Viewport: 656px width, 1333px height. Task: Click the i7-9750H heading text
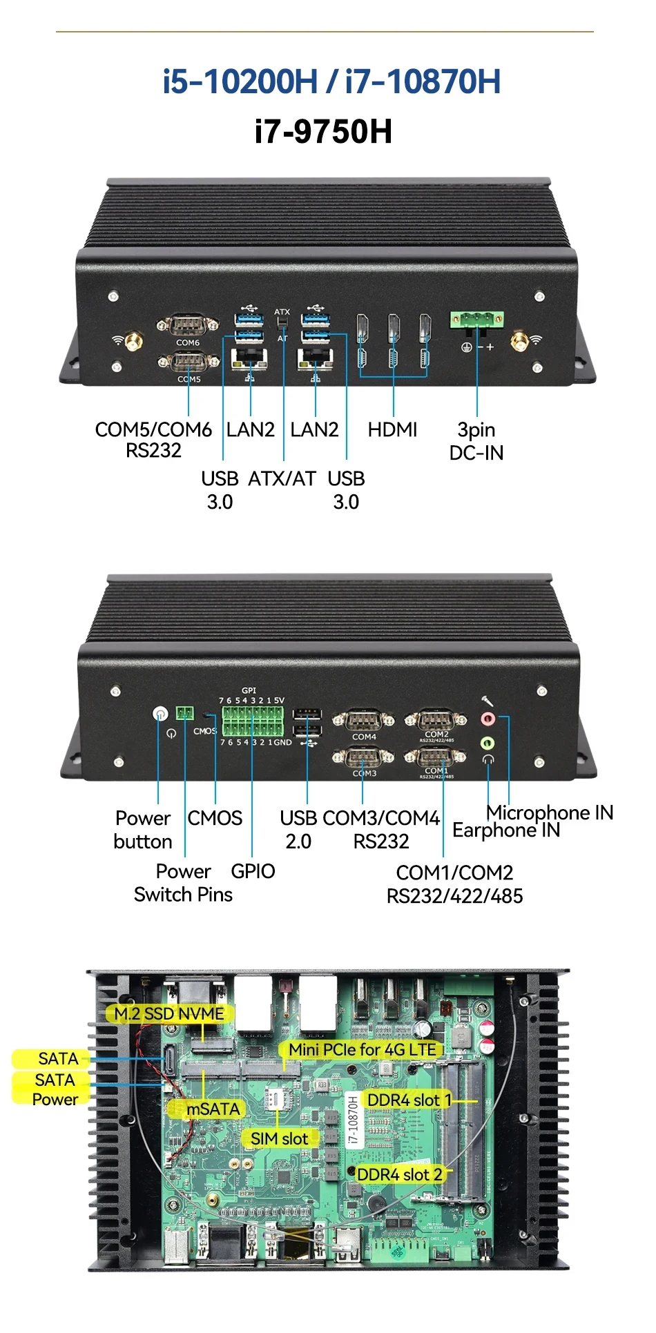[323, 131]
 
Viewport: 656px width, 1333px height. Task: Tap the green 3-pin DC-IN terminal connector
[476, 320]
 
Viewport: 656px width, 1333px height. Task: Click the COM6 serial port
[187, 324]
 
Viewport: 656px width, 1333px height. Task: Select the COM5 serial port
[188, 362]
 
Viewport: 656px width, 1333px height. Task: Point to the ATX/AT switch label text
[282, 478]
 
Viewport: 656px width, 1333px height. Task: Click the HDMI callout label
[392, 429]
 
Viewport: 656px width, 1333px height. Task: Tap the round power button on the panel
[160, 714]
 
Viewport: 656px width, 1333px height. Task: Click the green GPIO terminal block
[252, 722]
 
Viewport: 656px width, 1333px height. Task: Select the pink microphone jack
[488, 719]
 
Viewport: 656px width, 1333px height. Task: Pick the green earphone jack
[488, 743]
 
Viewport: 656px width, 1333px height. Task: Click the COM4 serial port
[363, 721]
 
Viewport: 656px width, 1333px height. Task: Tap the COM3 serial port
[363, 757]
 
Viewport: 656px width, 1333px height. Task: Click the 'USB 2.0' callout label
[298, 829]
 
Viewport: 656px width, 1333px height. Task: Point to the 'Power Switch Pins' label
[184, 883]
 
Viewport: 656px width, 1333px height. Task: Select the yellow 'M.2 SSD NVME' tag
[169, 1013]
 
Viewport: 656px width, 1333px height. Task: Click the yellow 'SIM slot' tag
[279, 1138]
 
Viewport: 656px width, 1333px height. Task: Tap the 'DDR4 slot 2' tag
[399, 1174]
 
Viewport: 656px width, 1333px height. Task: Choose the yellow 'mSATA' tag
[213, 1109]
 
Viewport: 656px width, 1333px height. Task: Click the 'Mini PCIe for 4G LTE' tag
[363, 1049]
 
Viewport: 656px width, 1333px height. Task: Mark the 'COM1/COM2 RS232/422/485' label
[454, 884]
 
